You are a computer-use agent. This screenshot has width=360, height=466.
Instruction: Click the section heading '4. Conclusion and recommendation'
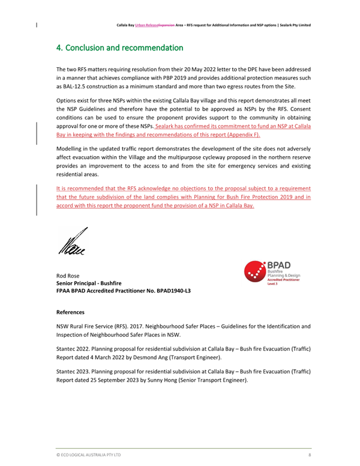(x=119, y=47)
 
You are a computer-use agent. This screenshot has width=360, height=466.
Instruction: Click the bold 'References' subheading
(x=70, y=312)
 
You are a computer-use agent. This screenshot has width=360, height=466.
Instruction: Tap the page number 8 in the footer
(x=310, y=455)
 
